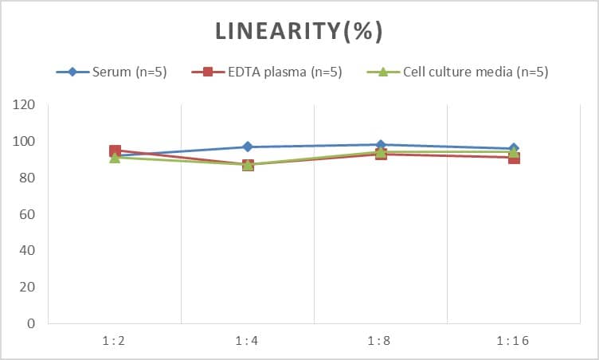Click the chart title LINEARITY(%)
tap(299, 31)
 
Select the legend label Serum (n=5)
tap(128, 72)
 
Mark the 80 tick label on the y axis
tap(28, 178)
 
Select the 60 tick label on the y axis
tap(28, 214)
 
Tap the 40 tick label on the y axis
tap(28, 251)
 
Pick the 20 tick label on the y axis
tap(28, 288)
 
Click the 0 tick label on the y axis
tap(31, 323)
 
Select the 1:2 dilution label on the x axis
tap(114, 340)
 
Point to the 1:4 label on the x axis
tap(247, 340)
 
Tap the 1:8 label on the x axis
tap(380, 340)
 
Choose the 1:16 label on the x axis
tap(513, 340)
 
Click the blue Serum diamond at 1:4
tap(248, 147)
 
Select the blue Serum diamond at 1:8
tap(381, 145)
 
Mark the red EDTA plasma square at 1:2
tap(115, 151)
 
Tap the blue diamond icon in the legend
tap(72, 72)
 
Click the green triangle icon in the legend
tap(382, 72)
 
